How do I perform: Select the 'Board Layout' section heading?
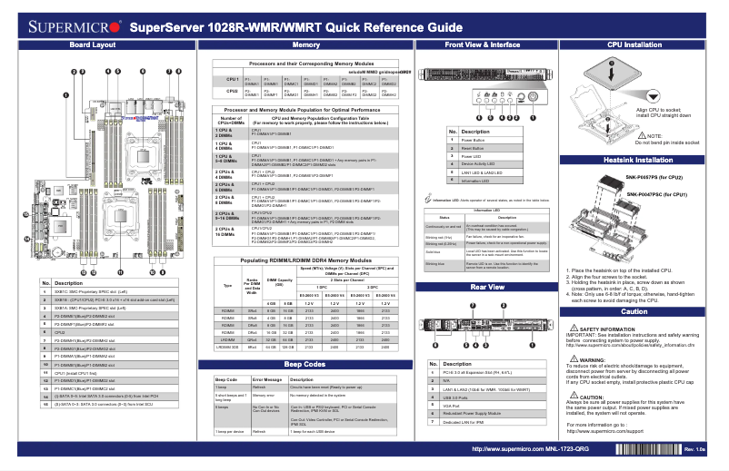93,44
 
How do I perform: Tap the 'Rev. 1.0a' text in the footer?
695,450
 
